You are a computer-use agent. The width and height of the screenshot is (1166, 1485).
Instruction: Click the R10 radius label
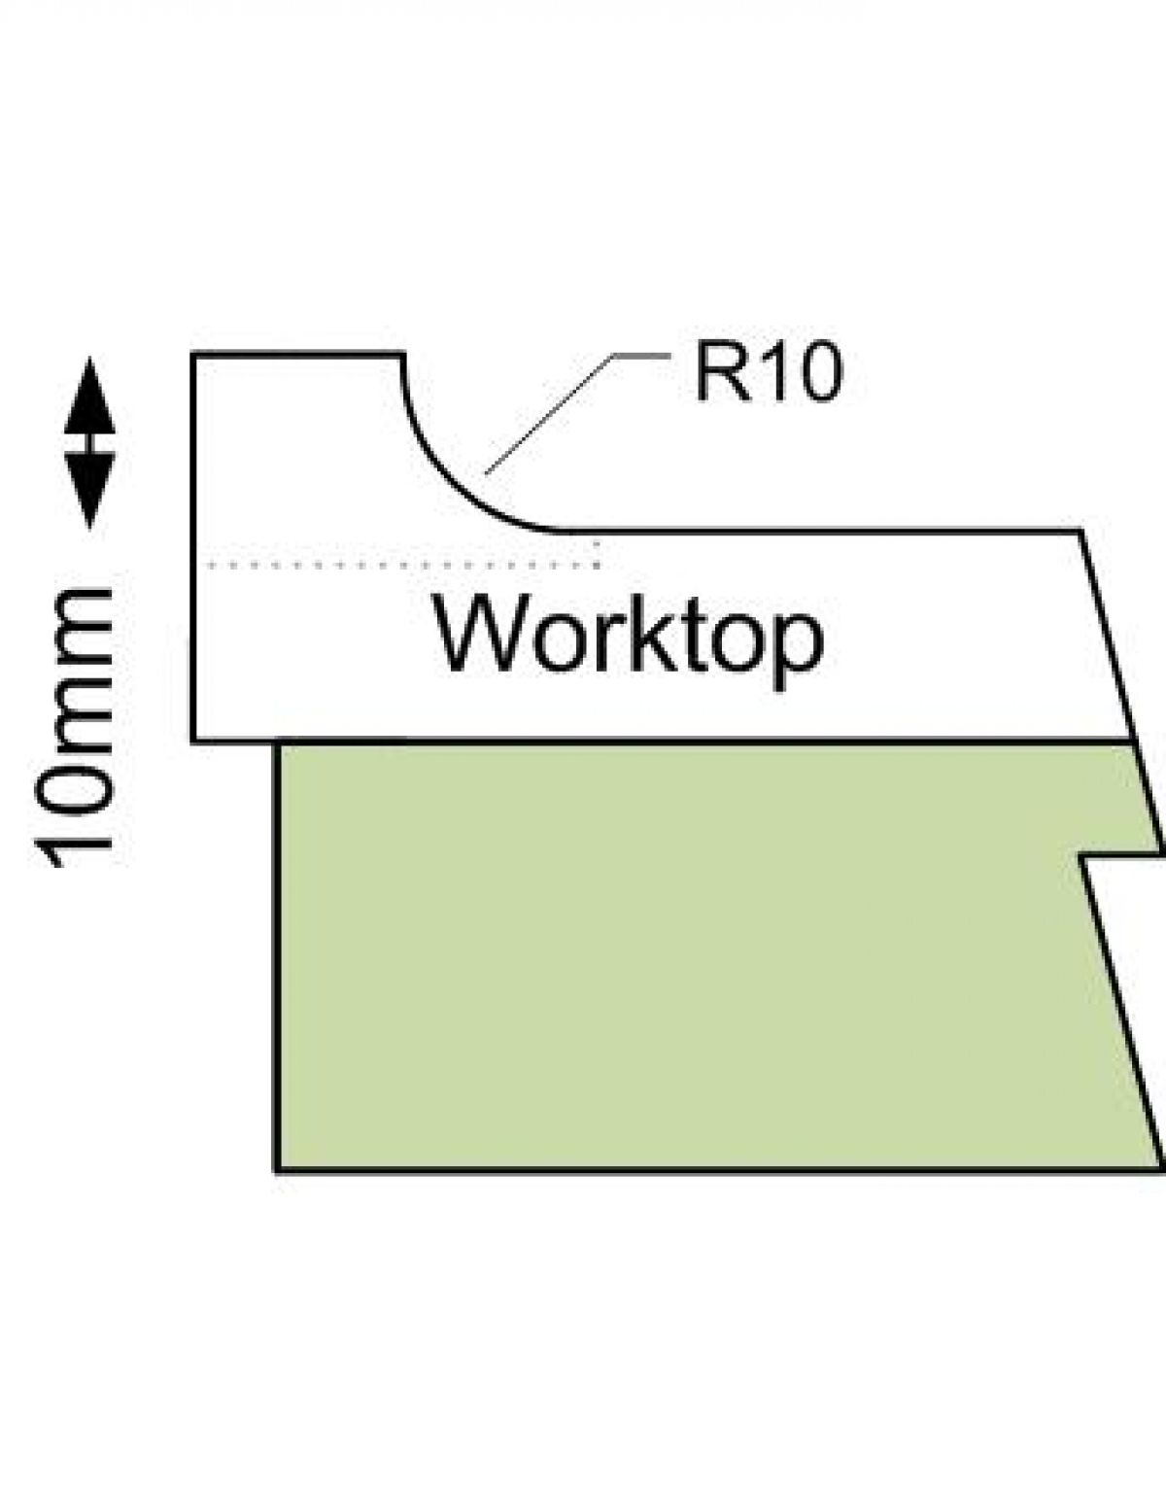[767, 374]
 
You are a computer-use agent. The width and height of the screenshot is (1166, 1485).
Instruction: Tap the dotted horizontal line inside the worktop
[398, 565]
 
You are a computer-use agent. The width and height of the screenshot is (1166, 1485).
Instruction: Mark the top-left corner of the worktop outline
[194, 356]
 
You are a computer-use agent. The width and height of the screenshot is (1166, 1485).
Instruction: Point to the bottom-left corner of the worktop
[194, 740]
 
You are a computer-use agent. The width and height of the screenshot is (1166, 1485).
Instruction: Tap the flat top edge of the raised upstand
[297, 355]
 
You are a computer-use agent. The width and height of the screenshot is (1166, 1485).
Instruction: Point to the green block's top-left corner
[280, 744]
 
